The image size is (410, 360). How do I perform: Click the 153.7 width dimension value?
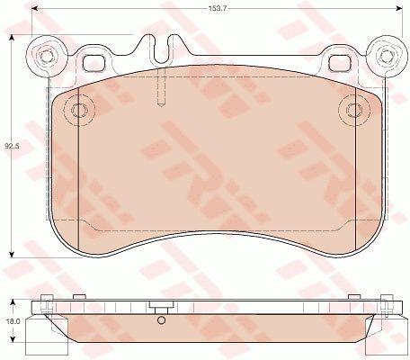pos(217,9)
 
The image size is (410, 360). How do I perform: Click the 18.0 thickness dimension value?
pos(13,321)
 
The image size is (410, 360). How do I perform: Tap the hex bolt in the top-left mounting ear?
pos(46,56)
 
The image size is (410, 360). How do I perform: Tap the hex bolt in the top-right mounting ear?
pos(387,55)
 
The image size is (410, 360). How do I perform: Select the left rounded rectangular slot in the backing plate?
pos(94,64)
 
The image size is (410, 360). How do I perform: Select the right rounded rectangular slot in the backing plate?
pos(341,64)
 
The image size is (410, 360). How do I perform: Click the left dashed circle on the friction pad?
pos(79,110)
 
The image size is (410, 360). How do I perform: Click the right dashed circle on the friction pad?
pos(354,110)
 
